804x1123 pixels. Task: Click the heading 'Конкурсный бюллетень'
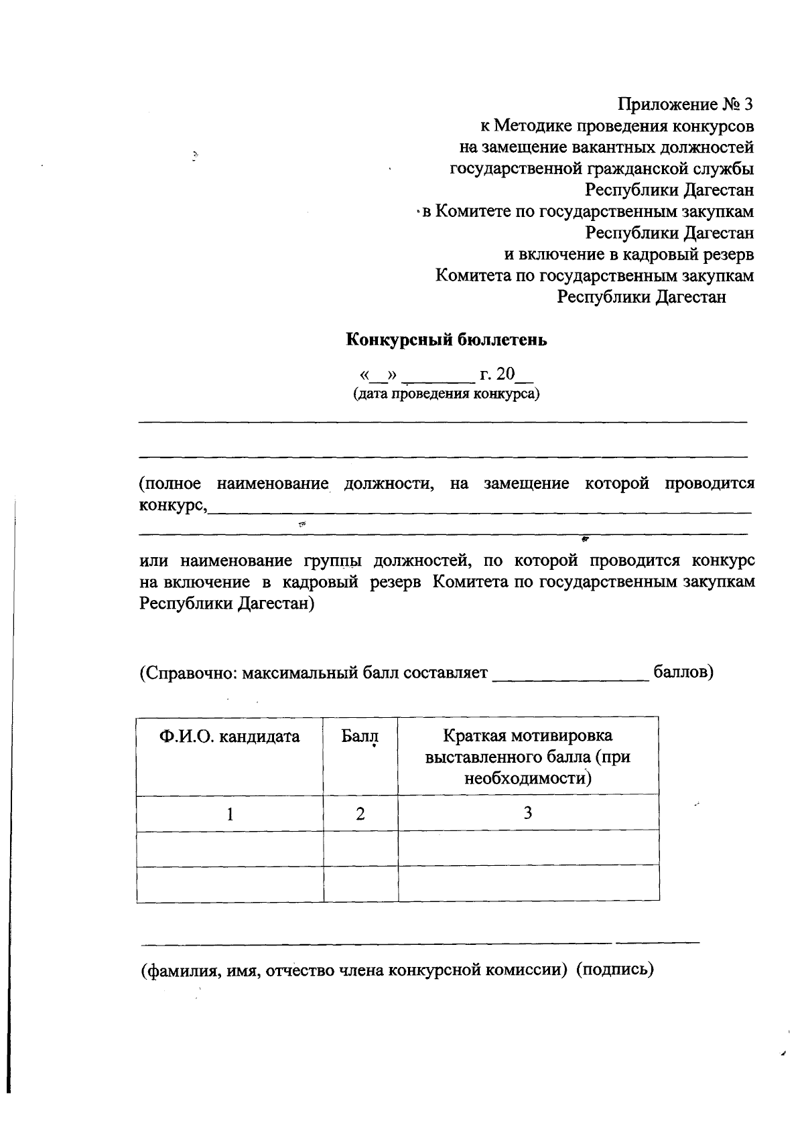coord(446,340)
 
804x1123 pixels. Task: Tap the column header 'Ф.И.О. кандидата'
coord(229,737)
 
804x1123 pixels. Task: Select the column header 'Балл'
coord(360,737)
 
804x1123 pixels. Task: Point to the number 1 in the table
coord(230,814)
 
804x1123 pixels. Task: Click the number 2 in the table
coord(360,814)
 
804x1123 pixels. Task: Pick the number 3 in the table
coord(528,813)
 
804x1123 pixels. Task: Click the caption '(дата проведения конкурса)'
coord(446,394)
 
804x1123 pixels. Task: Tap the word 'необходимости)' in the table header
coord(528,779)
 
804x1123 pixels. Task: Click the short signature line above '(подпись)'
coord(657,942)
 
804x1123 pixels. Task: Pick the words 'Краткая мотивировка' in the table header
coord(527,736)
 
